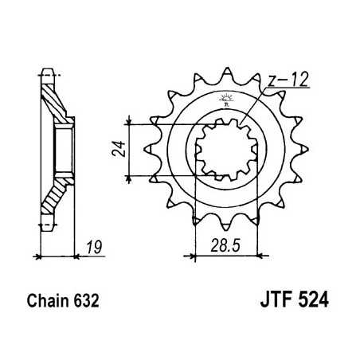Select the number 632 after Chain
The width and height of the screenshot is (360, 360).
click(x=89, y=303)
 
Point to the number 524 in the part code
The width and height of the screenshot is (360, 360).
click(x=313, y=303)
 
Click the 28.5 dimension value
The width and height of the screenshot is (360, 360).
click(x=222, y=245)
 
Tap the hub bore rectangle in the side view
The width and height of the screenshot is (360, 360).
click(x=61, y=151)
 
